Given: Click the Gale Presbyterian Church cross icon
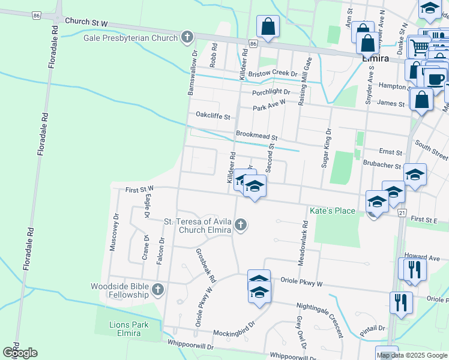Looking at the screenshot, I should [x=187, y=38].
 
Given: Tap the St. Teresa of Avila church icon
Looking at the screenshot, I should [x=241, y=225].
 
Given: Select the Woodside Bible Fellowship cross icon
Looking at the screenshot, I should [x=158, y=290].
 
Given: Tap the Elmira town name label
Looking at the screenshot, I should [x=376, y=59].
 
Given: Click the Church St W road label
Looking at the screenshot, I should [x=86, y=22].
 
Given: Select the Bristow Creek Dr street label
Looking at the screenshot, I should [x=273, y=73].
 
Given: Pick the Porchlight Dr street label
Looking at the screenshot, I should [x=271, y=92].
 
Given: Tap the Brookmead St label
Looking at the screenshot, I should [x=256, y=137].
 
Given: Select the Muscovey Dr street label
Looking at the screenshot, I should [x=113, y=231].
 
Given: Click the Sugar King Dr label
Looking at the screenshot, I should [x=328, y=148].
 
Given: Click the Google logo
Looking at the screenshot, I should [x=20, y=353].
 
